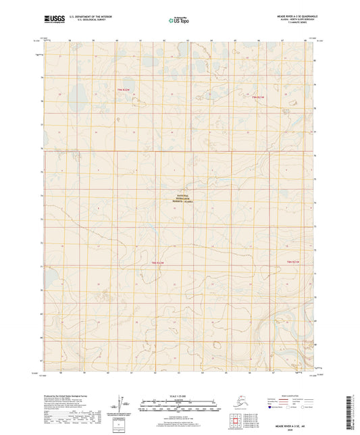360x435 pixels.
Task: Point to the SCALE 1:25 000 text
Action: [179, 395]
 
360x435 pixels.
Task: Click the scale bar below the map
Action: [179, 407]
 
